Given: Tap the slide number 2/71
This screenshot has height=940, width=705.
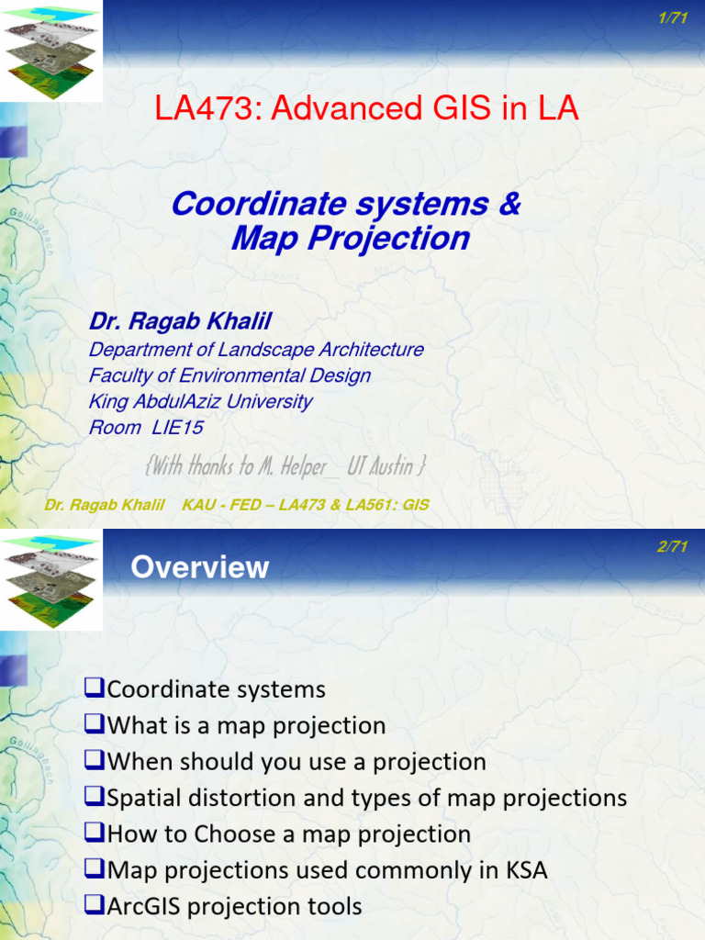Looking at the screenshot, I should pos(673,547).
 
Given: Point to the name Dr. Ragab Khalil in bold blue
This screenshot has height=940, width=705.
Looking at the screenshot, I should pos(180,321).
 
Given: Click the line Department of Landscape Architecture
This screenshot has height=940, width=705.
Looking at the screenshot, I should pos(256,350).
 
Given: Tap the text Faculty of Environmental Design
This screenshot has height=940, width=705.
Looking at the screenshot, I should pos(229,375).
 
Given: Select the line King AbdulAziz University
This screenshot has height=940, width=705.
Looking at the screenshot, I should pos(200,401).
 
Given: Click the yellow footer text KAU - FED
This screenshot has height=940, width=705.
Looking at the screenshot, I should pos(220,505).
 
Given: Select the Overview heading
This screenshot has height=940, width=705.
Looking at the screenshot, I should pos(199,567).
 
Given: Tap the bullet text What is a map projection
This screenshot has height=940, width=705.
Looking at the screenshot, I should pos(246,725).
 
